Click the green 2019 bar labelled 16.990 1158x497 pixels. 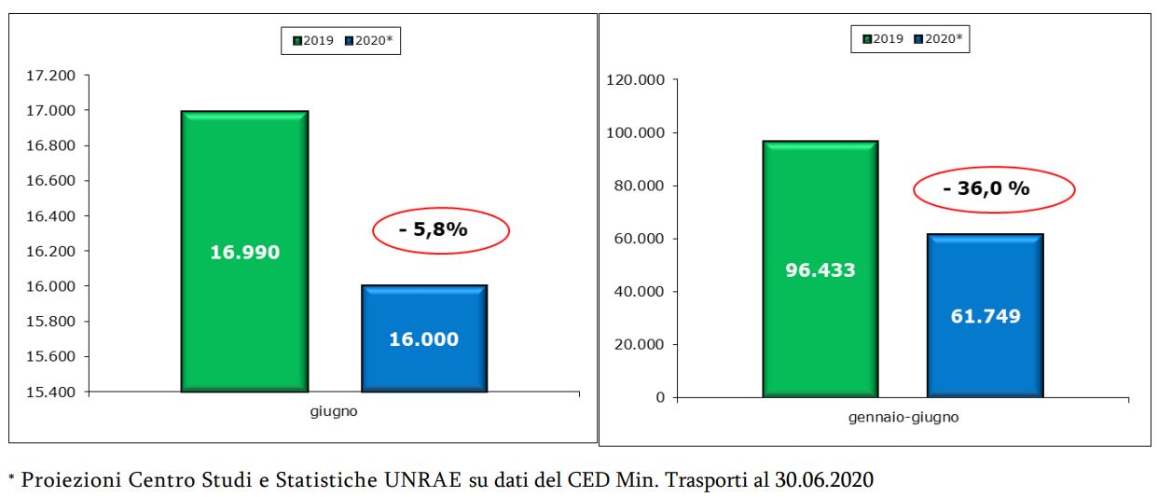tap(244, 251)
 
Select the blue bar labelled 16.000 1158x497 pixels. tap(423, 338)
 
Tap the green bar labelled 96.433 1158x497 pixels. tap(820, 269)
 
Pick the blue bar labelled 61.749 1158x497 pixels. tap(985, 315)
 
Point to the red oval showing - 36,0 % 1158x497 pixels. tap(993, 188)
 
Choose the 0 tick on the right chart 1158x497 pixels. tap(660, 397)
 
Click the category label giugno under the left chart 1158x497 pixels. tap(333, 410)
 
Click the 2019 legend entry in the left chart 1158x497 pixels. tap(314, 41)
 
